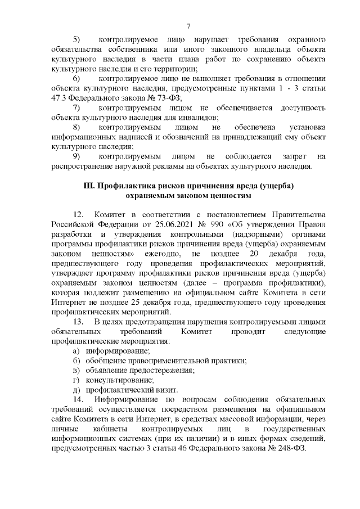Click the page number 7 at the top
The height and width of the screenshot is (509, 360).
pos(189,26)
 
